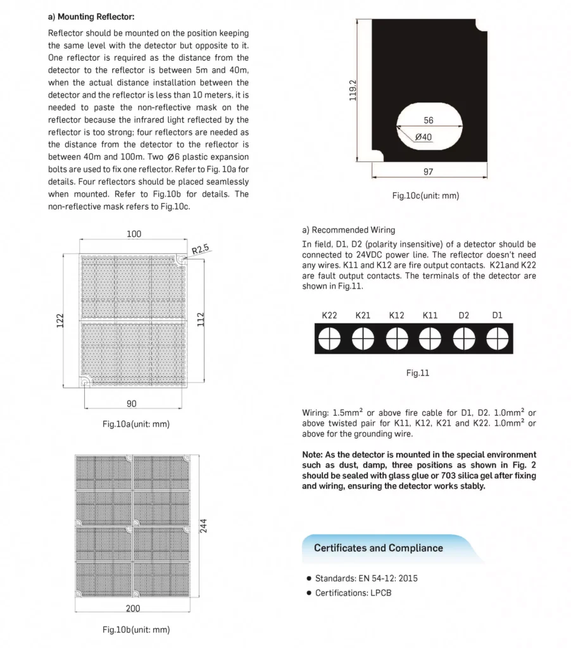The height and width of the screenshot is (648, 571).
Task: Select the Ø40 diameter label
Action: (424, 137)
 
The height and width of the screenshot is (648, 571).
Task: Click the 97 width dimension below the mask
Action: (429, 172)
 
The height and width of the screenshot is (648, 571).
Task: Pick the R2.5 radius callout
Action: (201, 248)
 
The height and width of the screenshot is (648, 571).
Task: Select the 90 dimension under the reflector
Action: (132, 404)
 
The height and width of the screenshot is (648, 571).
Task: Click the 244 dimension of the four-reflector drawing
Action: (204, 526)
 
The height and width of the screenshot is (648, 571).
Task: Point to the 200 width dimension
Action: (132, 608)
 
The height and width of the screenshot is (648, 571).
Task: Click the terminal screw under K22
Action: (329, 339)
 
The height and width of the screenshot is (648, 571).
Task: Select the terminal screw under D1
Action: (497, 339)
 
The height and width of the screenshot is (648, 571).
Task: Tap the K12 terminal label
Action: (396, 315)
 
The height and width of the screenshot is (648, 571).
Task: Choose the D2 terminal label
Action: (463, 315)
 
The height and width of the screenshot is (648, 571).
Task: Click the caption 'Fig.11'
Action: (418, 373)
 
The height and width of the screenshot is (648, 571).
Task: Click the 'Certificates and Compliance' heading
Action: (378, 548)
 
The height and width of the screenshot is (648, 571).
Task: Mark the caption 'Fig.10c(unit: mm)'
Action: (425, 196)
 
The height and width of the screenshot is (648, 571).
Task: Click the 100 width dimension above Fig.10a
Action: (134, 234)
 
